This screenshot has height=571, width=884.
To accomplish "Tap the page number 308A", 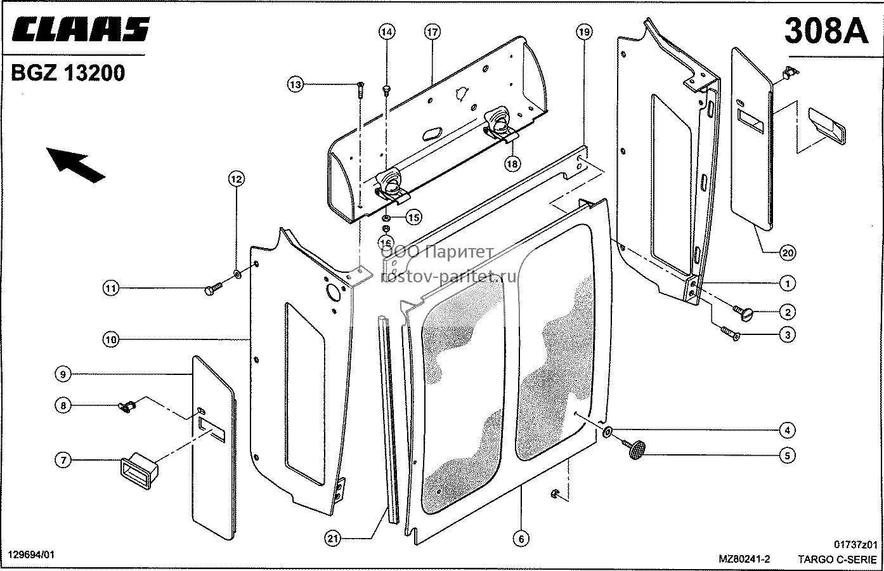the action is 826,31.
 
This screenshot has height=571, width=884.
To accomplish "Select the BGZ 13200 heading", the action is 68,73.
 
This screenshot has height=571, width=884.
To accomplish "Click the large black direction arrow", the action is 75,164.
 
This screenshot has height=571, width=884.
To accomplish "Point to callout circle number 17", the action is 432,32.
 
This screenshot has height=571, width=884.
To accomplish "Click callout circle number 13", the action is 295,84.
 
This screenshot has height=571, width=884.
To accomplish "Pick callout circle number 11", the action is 111,288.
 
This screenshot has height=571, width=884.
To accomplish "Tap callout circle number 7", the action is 63,460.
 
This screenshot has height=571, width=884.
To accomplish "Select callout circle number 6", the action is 521,539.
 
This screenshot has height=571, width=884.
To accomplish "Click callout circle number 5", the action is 788,456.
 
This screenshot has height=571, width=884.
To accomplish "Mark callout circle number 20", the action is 788,253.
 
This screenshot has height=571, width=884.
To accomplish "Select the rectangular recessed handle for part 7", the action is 139,471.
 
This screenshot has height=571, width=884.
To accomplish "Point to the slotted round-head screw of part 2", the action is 743,313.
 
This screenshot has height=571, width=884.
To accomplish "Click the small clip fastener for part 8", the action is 127,406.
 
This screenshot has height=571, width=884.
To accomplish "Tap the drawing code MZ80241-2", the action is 744,559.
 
